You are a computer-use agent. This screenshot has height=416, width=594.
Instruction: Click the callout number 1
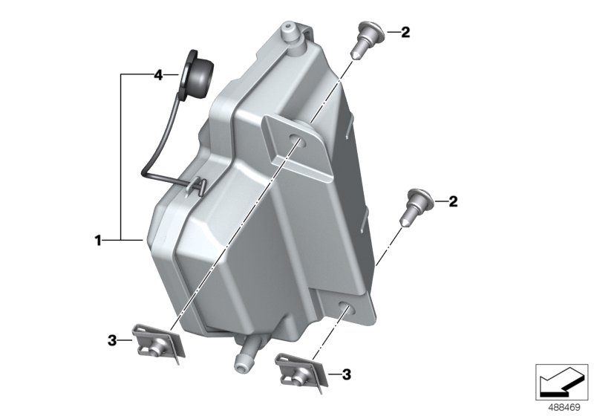click(x=97, y=240)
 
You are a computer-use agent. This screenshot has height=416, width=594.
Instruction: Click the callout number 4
click(x=157, y=75)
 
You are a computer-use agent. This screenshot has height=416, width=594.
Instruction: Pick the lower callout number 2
click(x=452, y=201)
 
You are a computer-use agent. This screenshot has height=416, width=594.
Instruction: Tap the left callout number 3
click(x=112, y=341)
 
